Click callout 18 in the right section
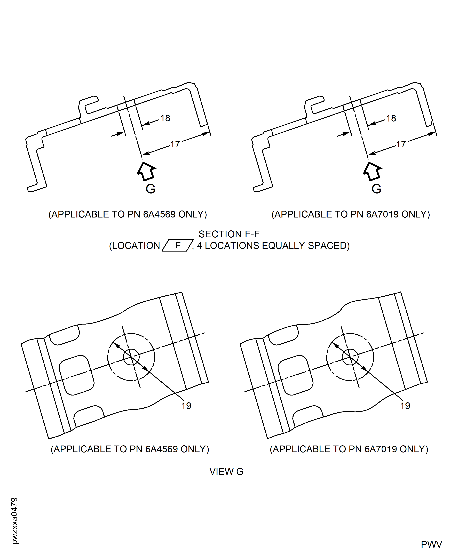tap(391, 118)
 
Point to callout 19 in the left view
tap(186, 406)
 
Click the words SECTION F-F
tap(229, 234)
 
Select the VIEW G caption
tap(226, 472)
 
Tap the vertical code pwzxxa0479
tap(14, 521)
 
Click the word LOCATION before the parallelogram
tap(136, 245)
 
